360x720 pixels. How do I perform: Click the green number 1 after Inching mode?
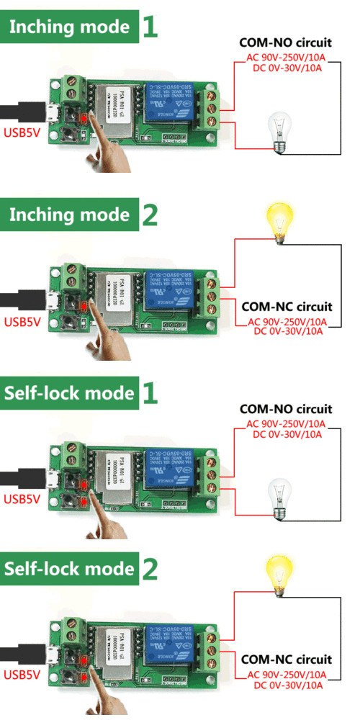point(149,27)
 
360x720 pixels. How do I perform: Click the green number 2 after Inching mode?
point(149,215)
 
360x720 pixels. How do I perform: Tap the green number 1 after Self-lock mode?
point(149,393)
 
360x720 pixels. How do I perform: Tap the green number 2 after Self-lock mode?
point(149,569)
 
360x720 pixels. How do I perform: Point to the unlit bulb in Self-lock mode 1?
point(279,497)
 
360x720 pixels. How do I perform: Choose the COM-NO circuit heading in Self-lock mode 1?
point(285,409)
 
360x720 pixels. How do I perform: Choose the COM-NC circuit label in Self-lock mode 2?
point(287,659)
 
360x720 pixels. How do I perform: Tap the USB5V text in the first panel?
point(22,132)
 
